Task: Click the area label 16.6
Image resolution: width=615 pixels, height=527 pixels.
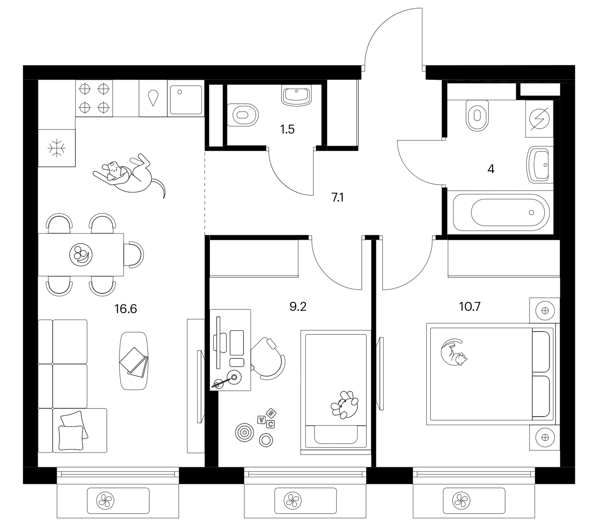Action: (126, 309)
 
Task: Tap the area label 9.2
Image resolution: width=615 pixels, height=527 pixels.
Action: (298, 307)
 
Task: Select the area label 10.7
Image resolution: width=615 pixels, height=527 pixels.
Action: (469, 307)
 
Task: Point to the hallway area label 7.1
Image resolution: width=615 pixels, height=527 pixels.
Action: (337, 197)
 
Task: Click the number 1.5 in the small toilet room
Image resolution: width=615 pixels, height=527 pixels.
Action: (287, 129)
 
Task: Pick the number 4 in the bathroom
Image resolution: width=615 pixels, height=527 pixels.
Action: (491, 169)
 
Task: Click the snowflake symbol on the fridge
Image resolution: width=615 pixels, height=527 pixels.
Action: (57, 148)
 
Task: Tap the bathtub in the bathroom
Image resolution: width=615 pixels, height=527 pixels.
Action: (501, 213)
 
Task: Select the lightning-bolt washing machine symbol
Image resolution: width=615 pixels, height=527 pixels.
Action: (539, 119)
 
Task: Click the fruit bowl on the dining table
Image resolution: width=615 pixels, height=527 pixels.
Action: (81, 255)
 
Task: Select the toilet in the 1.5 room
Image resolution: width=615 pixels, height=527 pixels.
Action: (242, 115)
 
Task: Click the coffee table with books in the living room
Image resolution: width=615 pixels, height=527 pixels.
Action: (134, 361)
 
